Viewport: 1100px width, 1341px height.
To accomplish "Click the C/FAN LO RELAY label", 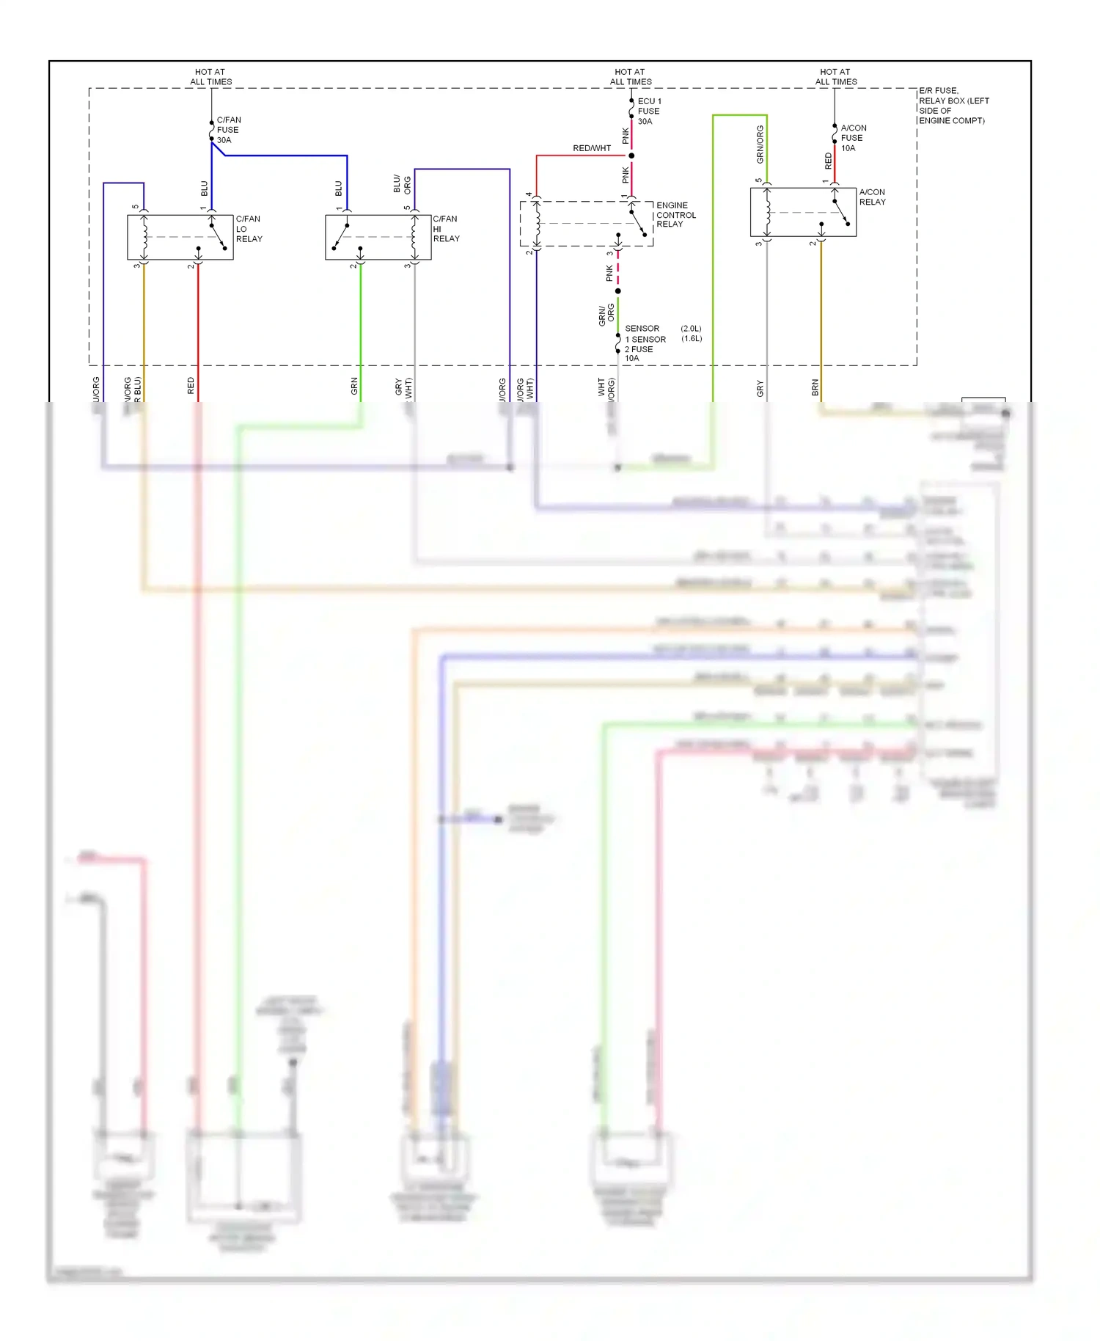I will (249, 229).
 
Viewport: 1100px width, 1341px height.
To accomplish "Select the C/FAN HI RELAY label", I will (446, 229).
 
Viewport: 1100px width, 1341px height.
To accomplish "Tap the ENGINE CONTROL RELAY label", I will (675, 215).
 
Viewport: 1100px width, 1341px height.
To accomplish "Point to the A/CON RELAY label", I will (872, 197).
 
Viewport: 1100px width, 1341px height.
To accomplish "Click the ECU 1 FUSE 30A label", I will (649, 112).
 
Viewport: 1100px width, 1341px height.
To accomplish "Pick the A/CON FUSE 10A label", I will (853, 138).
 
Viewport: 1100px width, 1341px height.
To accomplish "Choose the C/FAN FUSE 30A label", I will (228, 130).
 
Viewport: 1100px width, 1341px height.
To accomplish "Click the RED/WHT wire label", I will (592, 148).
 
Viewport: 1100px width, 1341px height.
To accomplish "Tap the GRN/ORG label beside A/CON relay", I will (760, 145).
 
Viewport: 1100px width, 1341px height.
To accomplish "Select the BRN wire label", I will (815, 388).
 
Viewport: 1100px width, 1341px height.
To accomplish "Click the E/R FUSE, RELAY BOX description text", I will (953, 106).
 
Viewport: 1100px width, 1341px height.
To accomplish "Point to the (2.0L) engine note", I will (691, 329).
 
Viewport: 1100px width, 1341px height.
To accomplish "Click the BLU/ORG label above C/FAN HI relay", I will (402, 184).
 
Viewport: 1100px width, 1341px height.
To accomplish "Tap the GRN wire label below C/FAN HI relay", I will (354, 387).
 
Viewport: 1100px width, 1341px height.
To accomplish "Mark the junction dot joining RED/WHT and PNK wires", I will (631, 156).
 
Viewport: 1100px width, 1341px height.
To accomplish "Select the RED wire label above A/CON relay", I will (829, 161).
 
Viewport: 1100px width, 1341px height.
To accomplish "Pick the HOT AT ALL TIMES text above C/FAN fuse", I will (210, 77).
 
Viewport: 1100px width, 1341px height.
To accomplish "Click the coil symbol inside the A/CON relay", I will (767, 213).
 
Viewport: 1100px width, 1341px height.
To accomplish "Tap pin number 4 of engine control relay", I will (529, 195).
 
